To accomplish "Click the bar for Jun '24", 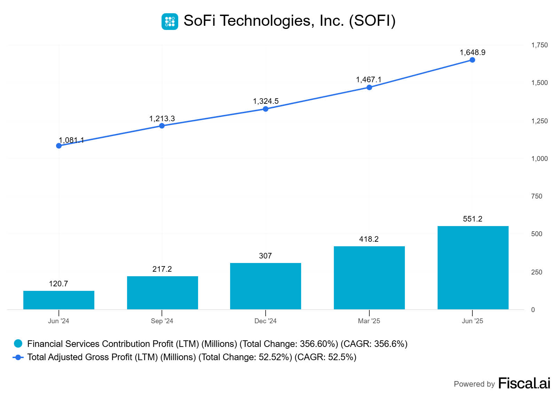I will click(x=58, y=300).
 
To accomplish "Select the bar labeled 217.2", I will click(x=162, y=293).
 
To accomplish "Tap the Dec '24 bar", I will click(x=265, y=286).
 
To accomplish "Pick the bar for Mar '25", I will click(x=369, y=278).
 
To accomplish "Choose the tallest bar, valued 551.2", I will click(x=473, y=268).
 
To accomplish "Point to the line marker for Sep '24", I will click(x=162, y=126).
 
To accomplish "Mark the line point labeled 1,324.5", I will click(x=266, y=109).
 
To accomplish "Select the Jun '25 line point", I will click(x=472, y=60).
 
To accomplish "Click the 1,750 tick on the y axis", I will click(x=539, y=45).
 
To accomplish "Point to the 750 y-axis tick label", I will click(x=536, y=196).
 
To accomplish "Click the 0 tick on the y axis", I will click(x=533, y=310).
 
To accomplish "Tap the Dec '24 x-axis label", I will click(x=265, y=321).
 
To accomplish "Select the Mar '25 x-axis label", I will click(x=369, y=321).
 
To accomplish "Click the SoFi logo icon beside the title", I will click(x=170, y=22).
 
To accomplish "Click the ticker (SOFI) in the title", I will click(x=372, y=21).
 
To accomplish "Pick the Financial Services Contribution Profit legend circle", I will click(x=18, y=344).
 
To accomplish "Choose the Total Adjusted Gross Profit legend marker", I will click(x=18, y=357).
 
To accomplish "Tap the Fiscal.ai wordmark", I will click(x=524, y=383).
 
